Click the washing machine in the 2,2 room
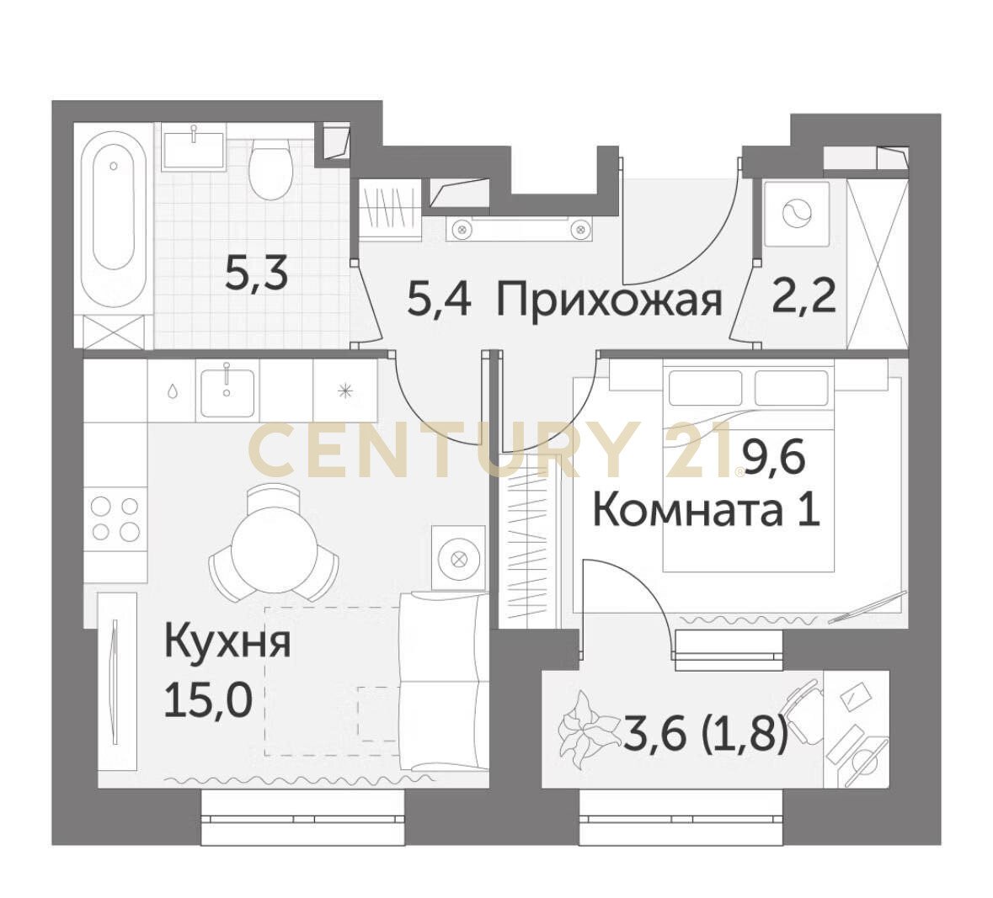point(796,213)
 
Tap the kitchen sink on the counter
point(227,392)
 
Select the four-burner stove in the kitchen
point(115,518)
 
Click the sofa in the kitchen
point(443,681)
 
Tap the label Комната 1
point(706,512)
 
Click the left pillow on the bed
point(704,387)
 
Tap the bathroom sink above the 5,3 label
point(194,151)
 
